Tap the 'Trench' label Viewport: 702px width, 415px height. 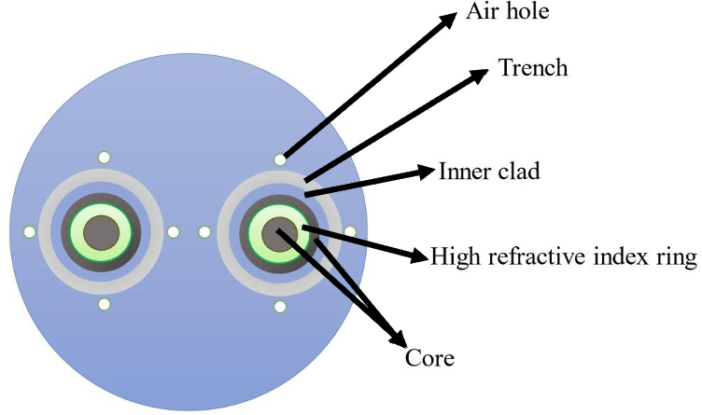[533, 68]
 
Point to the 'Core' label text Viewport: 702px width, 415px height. [428, 357]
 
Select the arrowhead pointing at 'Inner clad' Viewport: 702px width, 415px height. [427, 173]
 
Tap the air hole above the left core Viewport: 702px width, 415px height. [105, 158]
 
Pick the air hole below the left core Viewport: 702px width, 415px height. [105, 305]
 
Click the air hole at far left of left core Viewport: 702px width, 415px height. [30, 231]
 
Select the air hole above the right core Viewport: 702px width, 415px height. [278, 159]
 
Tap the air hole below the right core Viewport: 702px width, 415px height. [278, 306]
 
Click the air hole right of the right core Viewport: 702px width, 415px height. [350, 231]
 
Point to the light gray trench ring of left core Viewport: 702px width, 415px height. [103, 178]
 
